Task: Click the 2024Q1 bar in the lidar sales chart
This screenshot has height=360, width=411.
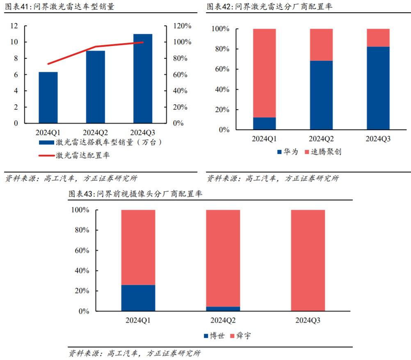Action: point(48,97)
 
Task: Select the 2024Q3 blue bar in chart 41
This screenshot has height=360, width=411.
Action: point(143,78)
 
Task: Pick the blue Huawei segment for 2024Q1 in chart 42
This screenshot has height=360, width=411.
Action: point(264,124)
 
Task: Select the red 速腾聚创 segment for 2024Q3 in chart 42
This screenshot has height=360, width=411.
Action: point(378,38)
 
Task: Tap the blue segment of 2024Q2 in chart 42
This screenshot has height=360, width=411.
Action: point(321,95)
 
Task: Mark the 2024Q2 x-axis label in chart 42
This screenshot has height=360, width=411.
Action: point(321,139)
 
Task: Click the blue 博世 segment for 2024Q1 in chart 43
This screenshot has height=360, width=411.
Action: point(138,298)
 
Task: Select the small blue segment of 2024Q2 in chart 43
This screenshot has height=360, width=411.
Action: point(223,309)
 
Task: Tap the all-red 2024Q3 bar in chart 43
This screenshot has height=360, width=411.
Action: point(308,260)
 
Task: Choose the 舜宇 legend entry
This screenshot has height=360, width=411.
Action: point(243,336)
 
